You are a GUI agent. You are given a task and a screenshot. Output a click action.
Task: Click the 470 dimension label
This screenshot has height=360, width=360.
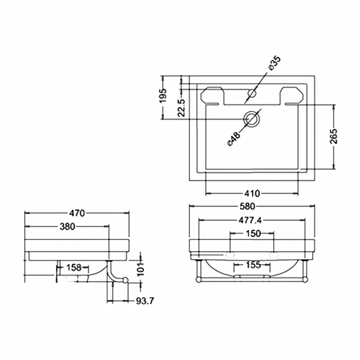76,213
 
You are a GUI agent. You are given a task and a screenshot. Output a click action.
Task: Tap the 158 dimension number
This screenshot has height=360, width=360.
74,267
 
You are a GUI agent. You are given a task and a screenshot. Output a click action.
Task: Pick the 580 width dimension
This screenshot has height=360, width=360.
252,206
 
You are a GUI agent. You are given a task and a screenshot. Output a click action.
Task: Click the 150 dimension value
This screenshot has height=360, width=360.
252,233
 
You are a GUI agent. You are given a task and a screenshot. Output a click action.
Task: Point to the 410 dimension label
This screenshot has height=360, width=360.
252,193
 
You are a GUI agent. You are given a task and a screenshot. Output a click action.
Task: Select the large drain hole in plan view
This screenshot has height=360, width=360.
252,119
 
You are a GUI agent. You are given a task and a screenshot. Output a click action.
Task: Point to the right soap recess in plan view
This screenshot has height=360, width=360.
292,95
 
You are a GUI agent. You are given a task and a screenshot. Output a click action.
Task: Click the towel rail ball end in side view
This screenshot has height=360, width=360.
126,281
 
